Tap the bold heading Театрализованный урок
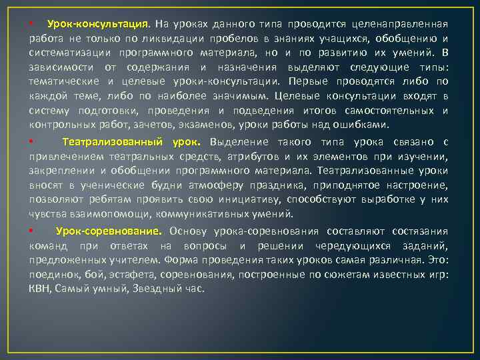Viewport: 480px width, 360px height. [x=131, y=142]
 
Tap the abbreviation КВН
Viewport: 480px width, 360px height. [x=39, y=289]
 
